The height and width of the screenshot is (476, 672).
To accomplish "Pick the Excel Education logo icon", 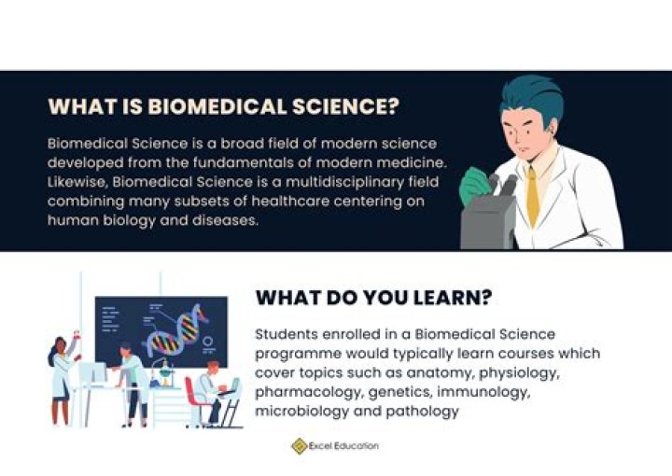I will click(299, 446).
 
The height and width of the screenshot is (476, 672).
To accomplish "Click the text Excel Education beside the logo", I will click(346, 446).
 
